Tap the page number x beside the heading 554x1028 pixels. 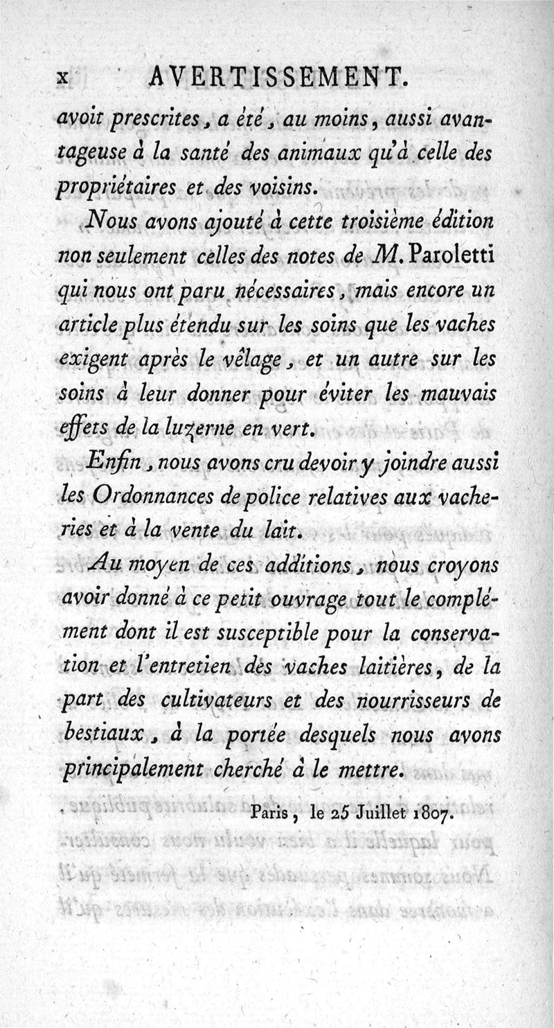pyautogui.click(x=62, y=78)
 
